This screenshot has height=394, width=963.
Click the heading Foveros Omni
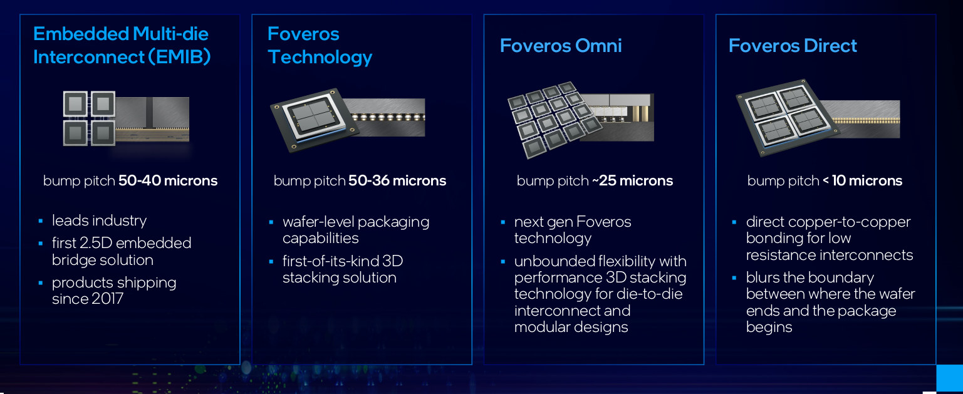click(561, 46)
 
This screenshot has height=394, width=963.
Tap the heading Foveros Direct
click(793, 46)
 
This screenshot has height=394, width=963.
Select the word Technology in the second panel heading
click(320, 58)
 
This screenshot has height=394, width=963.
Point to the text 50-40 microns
click(168, 180)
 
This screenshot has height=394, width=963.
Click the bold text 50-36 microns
click(397, 180)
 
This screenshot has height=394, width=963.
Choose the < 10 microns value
click(862, 180)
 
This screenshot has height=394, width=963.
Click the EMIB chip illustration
click(126, 118)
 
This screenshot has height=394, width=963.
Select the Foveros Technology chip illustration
click(347, 120)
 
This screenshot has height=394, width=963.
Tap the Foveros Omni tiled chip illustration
click(580, 120)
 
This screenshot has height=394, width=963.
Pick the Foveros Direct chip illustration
click(818, 118)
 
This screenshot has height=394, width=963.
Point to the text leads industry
click(100, 220)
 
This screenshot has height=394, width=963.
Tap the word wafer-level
click(318, 222)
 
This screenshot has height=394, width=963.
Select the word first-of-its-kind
click(330, 261)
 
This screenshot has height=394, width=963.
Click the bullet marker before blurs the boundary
click(734, 278)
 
